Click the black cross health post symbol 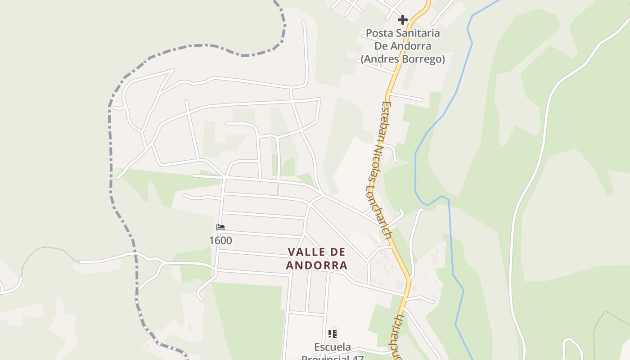coord(403,20)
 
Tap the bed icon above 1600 coord(220,227)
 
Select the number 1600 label coord(220,240)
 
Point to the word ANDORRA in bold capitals coord(317,265)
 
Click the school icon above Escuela coord(333,334)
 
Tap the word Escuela coord(333,347)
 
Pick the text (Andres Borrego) coord(403,59)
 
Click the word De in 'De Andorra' coord(381,46)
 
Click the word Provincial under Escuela coord(333,357)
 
